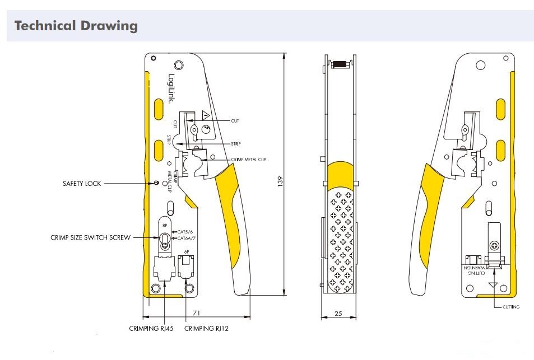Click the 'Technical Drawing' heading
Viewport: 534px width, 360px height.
76,26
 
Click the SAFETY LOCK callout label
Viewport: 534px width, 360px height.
82,183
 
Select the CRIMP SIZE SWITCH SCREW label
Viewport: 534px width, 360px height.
90,237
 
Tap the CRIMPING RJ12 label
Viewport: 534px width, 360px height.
206,329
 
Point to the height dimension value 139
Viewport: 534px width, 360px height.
280,181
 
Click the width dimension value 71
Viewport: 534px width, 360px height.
197,313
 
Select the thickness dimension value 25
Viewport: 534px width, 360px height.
338,314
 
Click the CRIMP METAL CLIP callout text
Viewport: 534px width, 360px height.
248,160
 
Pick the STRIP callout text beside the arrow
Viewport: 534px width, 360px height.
236,144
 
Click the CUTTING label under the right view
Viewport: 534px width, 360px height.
511,307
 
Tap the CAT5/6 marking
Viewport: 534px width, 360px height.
184,232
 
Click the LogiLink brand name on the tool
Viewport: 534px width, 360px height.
171,90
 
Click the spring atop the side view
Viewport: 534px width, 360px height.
338,64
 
